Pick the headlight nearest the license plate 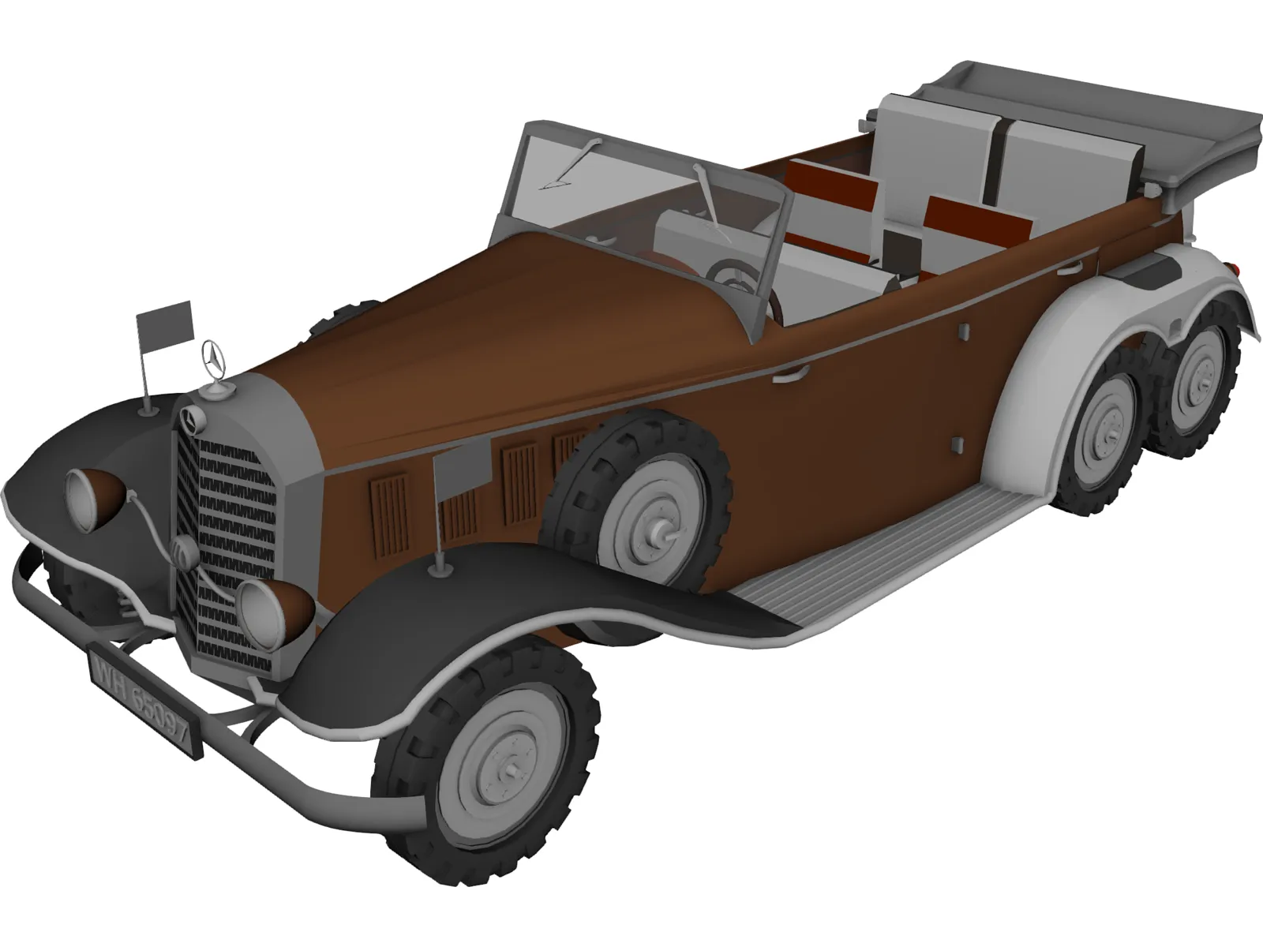[260, 610]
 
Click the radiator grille [229, 545]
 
